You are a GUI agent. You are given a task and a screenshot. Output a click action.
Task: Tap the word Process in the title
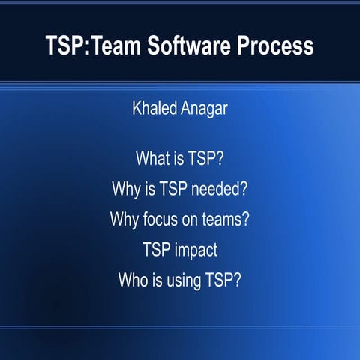273,46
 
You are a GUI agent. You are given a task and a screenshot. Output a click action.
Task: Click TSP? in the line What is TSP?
208,159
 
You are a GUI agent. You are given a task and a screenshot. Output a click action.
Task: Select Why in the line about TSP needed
125,189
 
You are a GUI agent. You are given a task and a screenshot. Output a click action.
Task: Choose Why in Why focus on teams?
124,220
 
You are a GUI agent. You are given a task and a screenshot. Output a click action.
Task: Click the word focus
162,220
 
